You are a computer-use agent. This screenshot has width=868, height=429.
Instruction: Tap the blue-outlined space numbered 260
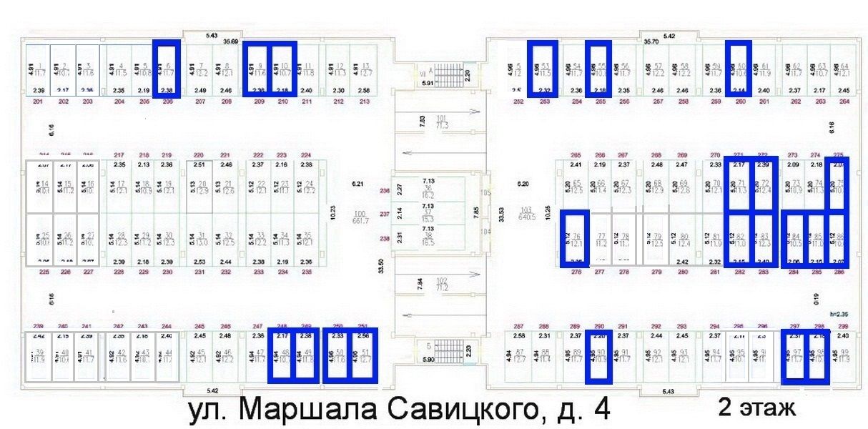click(739, 69)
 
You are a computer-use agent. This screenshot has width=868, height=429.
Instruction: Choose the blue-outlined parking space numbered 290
click(598, 355)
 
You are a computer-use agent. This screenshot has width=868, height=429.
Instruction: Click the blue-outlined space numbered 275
click(837, 184)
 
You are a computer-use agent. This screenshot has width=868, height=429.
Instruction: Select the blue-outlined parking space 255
click(598, 69)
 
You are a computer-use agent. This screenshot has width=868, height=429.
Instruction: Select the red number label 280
click(683, 272)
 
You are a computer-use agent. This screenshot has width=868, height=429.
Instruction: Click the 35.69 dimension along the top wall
click(230, 42)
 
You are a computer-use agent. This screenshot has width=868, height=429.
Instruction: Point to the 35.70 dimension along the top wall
click(651, 42)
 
